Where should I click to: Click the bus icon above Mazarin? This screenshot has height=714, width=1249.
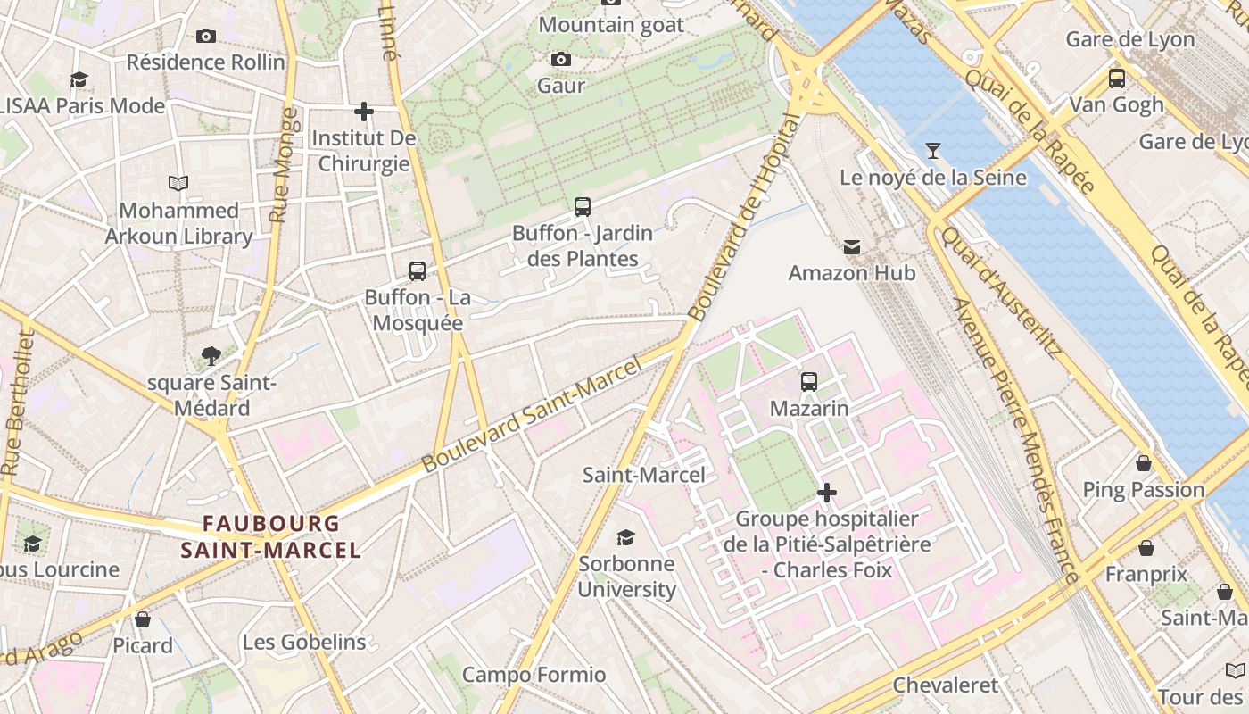(809, 382)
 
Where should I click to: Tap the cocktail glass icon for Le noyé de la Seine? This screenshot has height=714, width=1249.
(933, 151)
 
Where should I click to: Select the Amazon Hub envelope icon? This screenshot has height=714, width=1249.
(852, 247)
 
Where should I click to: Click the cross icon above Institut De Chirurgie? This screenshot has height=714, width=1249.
(364, 112)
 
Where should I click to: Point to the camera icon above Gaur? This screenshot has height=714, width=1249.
(561, 60)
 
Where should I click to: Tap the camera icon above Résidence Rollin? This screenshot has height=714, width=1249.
(206, 37)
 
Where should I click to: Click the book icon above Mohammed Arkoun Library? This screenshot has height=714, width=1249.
(178, 184)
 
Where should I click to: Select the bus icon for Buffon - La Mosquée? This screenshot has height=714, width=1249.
(418, 271)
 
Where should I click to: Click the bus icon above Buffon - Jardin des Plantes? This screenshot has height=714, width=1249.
(583, 207)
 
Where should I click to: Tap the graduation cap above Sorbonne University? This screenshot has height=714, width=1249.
(626, 537)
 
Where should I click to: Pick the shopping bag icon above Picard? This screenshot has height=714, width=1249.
(143, 619)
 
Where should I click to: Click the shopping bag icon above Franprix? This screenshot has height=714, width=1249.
(1146, 548)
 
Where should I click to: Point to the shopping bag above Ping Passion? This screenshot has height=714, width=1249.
(1144, 463)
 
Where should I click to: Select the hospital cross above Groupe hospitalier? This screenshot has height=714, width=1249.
(827, 492)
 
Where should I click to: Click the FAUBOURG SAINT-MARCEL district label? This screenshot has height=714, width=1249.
(270, 536)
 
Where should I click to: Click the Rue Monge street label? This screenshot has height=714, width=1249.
(284, 165)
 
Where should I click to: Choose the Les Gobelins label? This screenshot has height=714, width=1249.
(304, 642)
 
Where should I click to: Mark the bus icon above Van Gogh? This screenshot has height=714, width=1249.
(1117, 79)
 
